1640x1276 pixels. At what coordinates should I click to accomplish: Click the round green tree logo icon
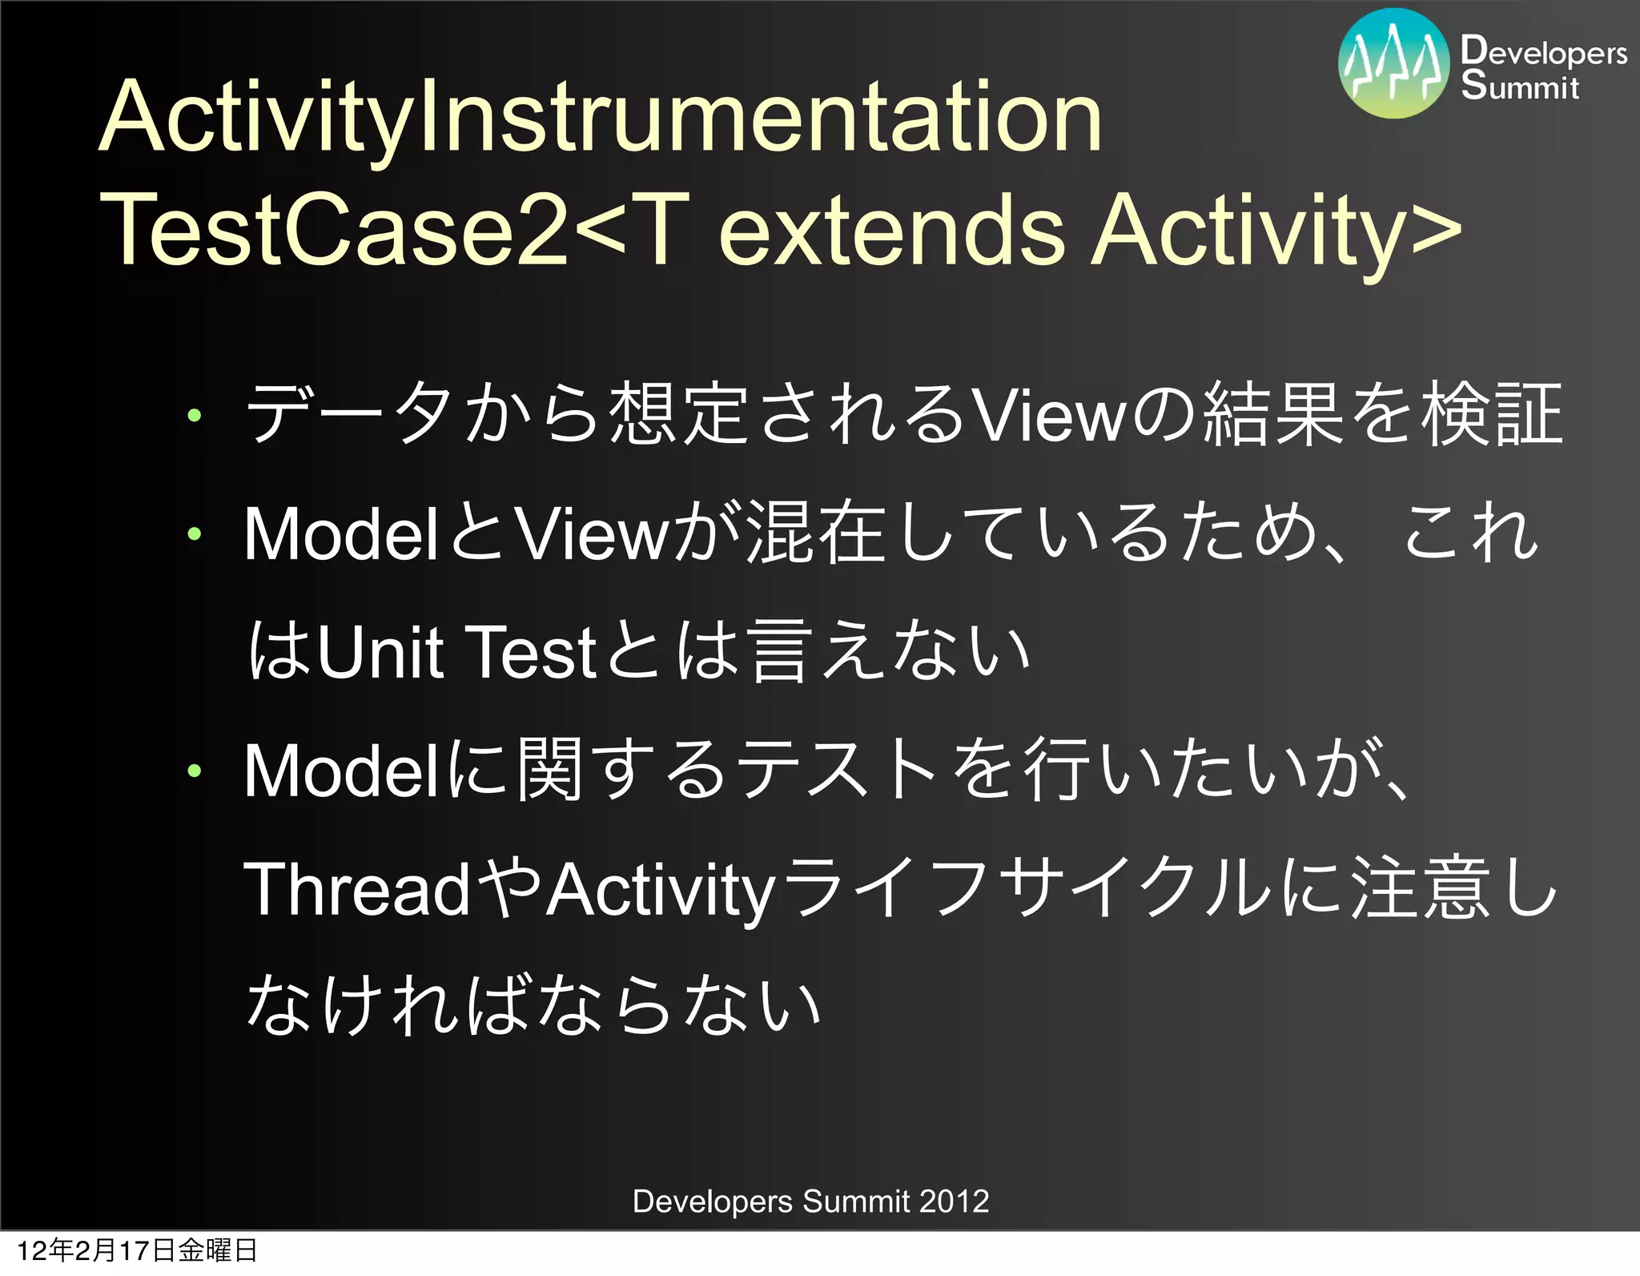pyautogui.click(x=1393, y=64)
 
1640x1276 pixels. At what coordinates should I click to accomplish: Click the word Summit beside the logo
pyautogui.click(x=1519, y=86)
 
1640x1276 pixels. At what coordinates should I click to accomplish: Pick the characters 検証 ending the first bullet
pyautogui.click(x=1492, y=414)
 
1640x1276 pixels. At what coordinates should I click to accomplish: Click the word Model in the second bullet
pyautogui.click(x=340, y=533)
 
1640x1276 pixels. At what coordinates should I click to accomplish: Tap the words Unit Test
pyautogui.click(x=457, y=652)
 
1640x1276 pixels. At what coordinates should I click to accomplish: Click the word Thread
pyautogui.click(x=356, y=889)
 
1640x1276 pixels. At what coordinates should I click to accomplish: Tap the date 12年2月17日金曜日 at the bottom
pyautogui.click(x=136, y=1250)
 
